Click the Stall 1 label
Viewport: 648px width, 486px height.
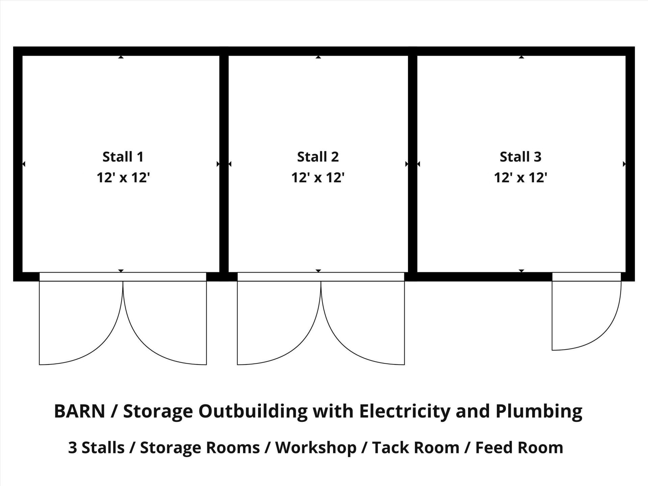click(123, 157)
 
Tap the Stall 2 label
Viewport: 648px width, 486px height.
click(318, 157)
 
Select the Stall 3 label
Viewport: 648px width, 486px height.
click(520, 157)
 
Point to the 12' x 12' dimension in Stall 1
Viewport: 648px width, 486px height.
click(123, 177)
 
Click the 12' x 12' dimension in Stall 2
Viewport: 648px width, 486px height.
click(318, 177)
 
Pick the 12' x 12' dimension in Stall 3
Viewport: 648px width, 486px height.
click(520, 177)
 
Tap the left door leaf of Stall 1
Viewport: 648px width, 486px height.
click(39, 323)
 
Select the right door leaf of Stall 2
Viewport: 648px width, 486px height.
click(404, 323)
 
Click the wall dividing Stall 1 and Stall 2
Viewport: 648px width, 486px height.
click(224, 164)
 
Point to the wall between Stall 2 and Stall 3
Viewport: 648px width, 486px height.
click(413, 164)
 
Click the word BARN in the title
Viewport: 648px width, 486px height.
click(80, 411)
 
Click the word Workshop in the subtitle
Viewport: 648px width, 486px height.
click(316, 448)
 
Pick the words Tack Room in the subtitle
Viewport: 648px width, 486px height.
click(416, 448)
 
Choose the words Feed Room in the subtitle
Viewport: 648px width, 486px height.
click(519, 448)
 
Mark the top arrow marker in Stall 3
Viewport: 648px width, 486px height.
click(521, 57)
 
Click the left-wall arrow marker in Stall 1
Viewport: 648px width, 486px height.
click(24, 164)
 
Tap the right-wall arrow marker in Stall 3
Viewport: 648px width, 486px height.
click(624, 164)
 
